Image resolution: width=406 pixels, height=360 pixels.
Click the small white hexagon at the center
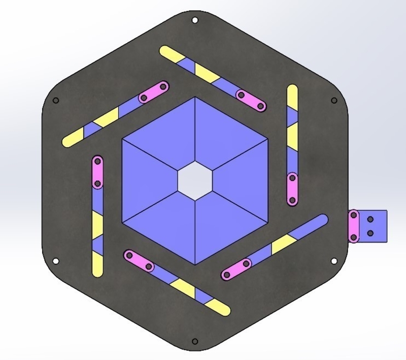coord(195,180)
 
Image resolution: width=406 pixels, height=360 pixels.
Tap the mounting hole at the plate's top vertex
coord(195,20)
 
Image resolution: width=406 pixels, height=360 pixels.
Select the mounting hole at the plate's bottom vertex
coord(195,341)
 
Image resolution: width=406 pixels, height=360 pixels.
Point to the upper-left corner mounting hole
coord(56,100)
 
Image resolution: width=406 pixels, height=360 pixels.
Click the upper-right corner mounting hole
coord(334,100)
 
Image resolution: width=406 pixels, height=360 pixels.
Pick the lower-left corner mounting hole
coord(56,261)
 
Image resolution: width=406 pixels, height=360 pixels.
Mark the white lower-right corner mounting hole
coord(334,261)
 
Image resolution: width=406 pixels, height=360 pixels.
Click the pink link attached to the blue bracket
coord(354,226)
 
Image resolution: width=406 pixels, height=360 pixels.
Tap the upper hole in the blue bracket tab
coord(370,220)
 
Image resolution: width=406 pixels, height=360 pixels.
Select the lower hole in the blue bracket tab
coord(370,233)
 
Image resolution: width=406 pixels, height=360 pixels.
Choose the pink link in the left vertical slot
coord(98,172)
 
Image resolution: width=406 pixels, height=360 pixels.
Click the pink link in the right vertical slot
coord(292,188)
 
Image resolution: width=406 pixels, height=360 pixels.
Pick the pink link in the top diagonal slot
coord(251,101)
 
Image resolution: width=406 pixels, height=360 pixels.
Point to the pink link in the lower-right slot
coord(236,269)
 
